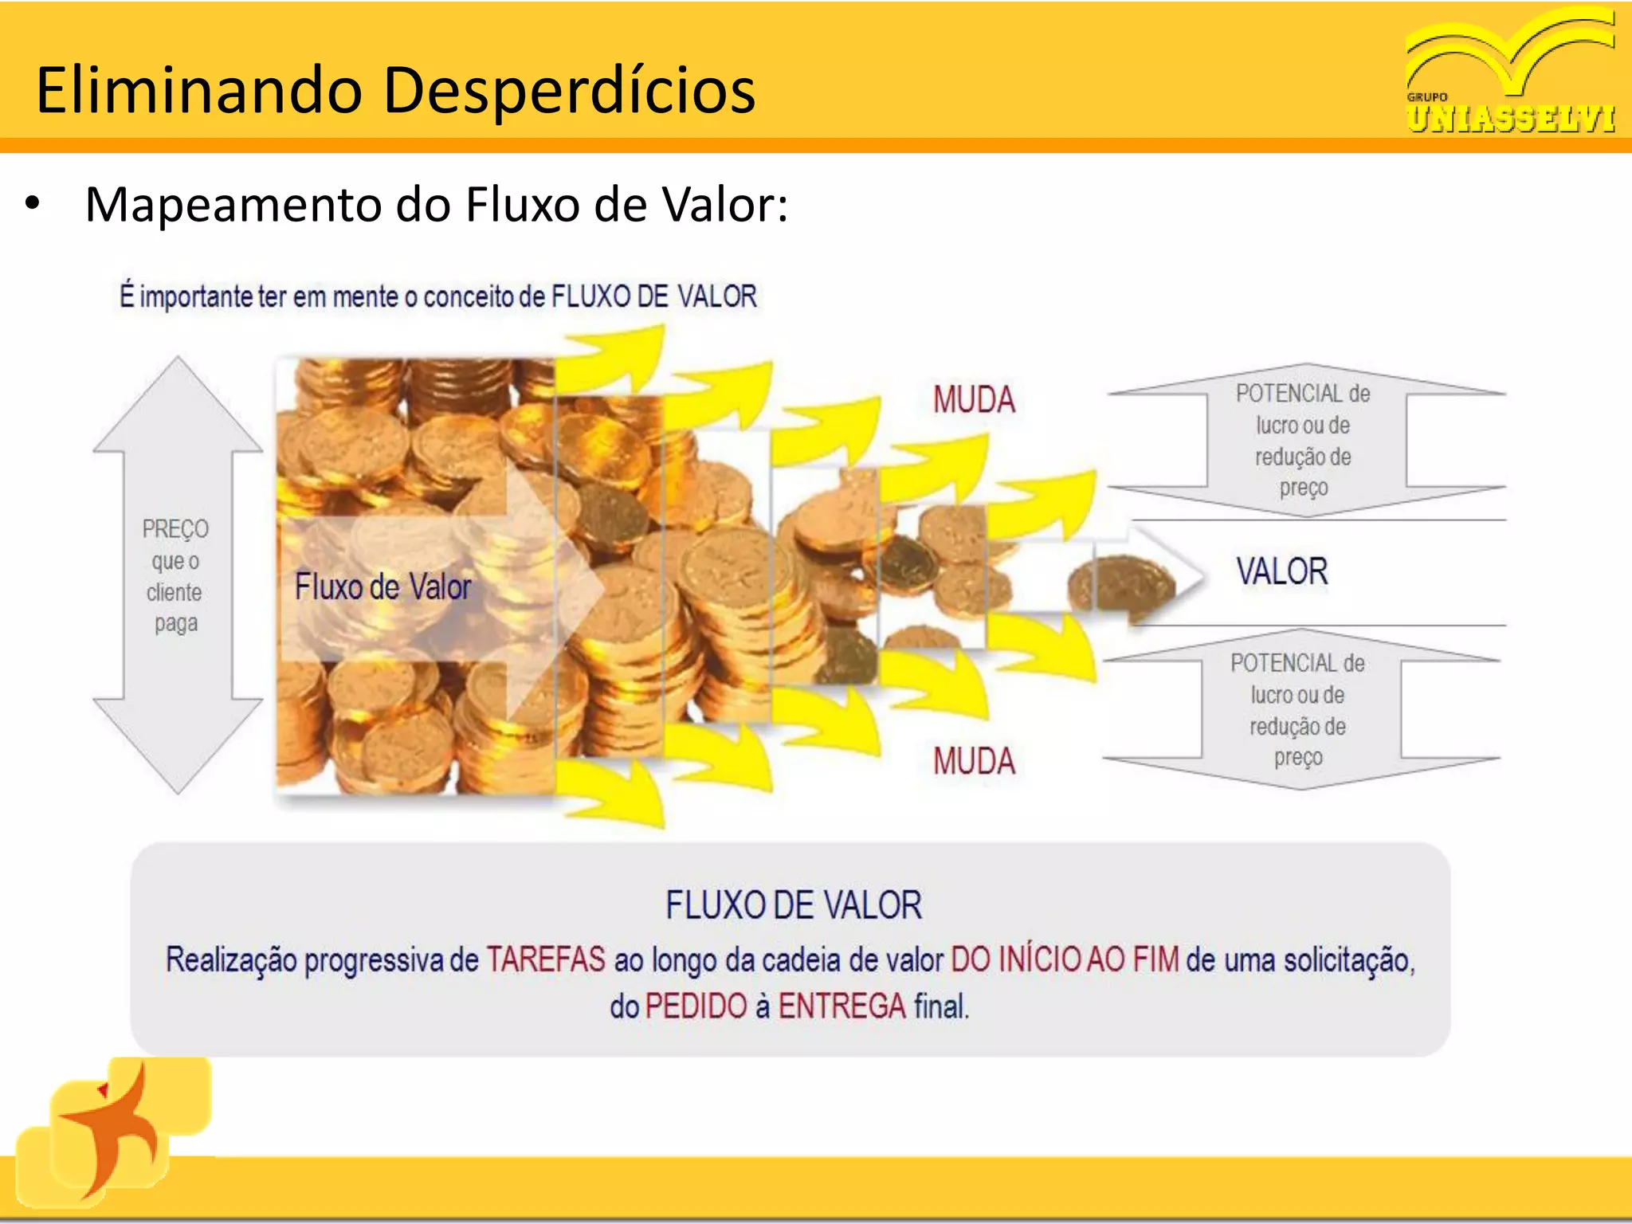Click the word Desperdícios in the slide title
(x=569, y=90)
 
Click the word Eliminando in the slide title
(x=199, y=90)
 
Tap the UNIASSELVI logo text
(x=1511, y=119)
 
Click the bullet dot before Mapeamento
(x=32, y=203)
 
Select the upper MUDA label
(x=974, y=399)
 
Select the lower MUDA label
(x=974, y=761)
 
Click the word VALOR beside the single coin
(x=1281, y=571)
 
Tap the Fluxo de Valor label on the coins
(x=382, y=586)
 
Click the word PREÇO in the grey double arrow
(x=175, y=528)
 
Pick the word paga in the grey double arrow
(x=175, y=622)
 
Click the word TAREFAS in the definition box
(x=546, y=959)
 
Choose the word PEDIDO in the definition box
(x=696, y=1006)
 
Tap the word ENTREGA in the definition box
(x=841, y=1006)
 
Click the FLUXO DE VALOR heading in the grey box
(x=794, y=905)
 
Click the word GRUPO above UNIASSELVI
(x=1427, y=97)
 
